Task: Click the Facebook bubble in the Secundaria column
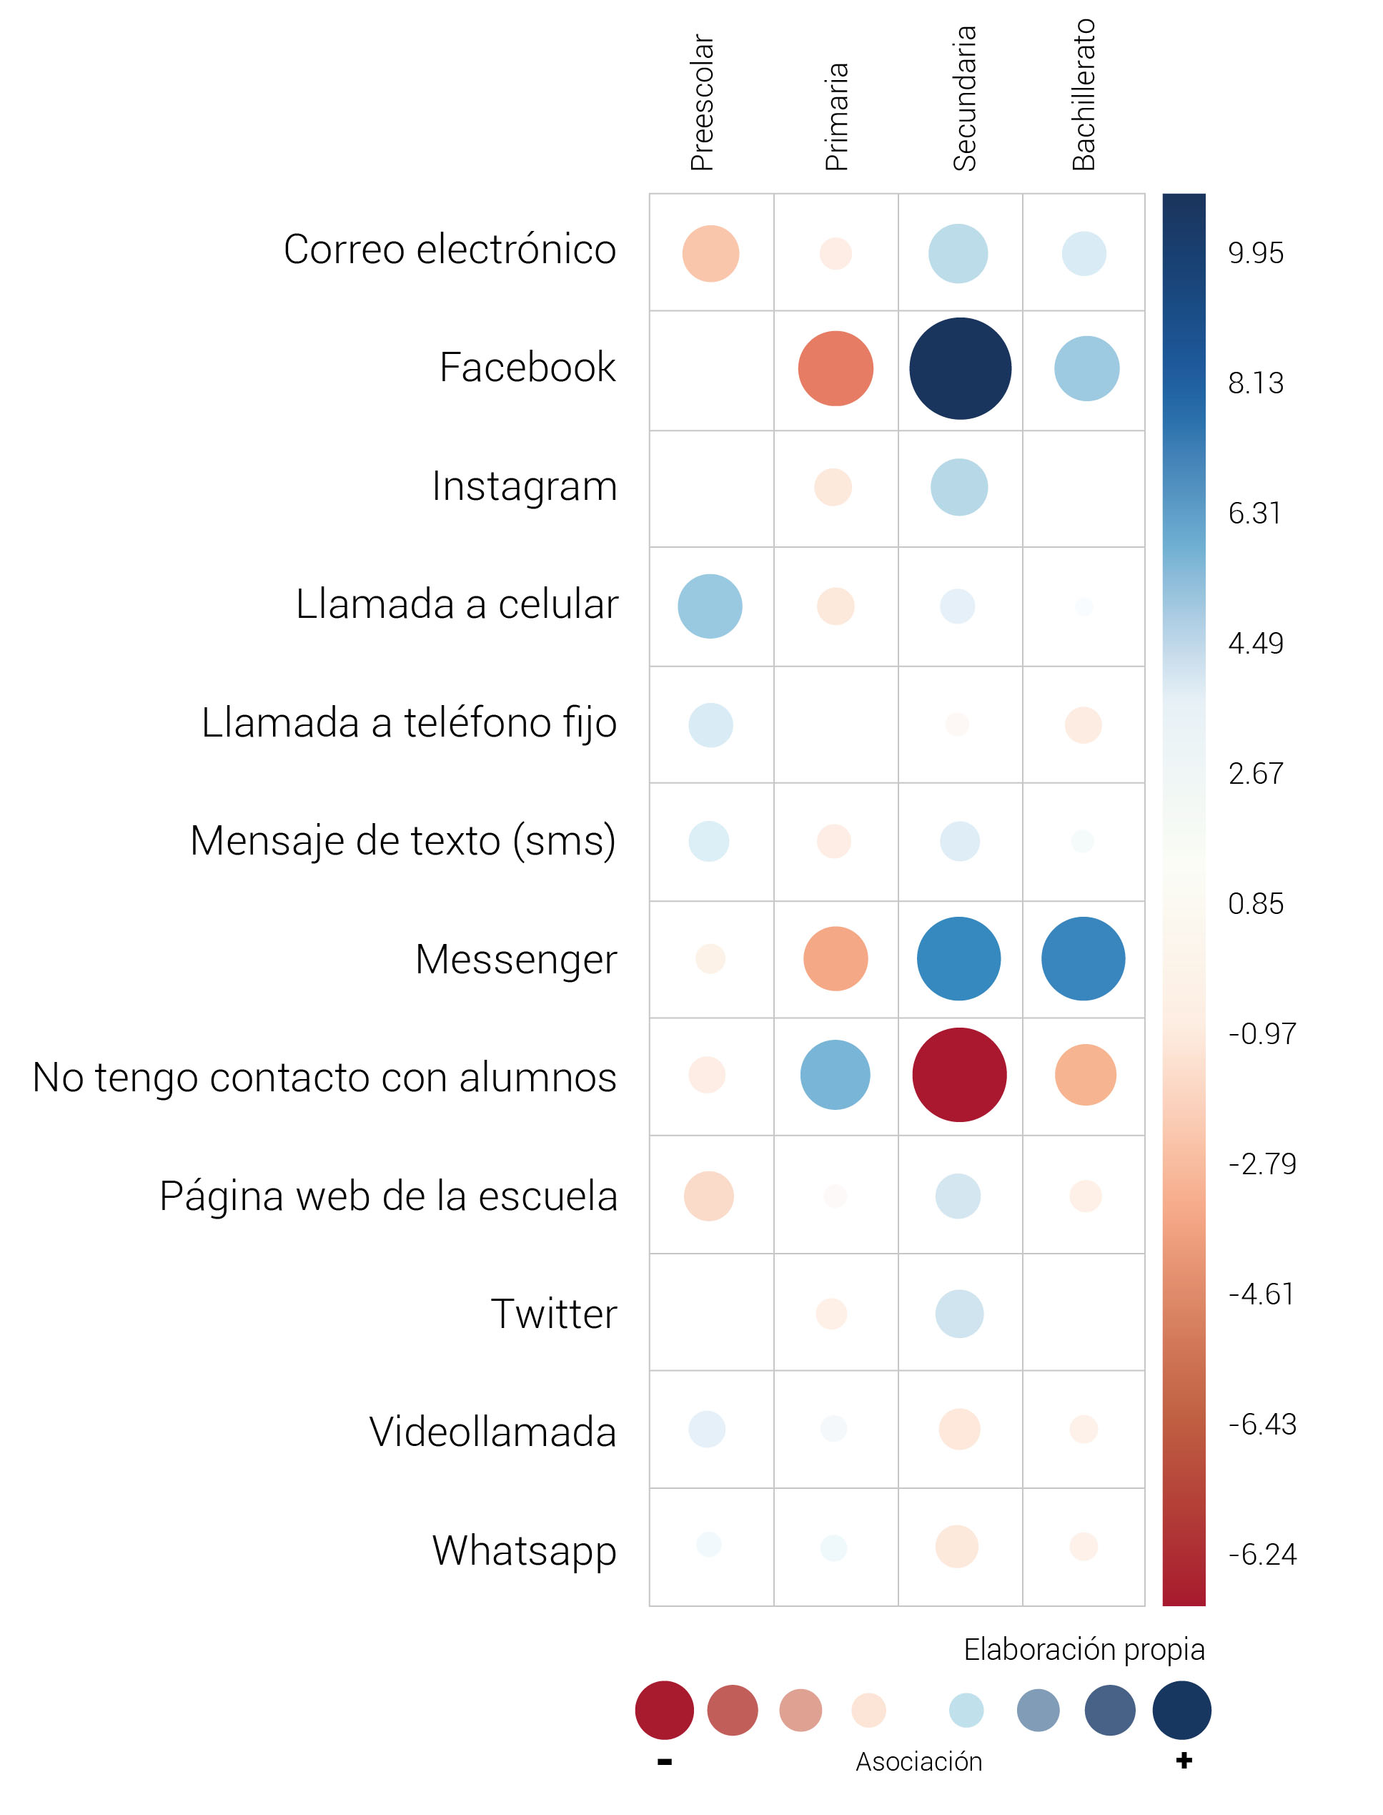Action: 960,368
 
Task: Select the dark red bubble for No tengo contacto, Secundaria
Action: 959,1075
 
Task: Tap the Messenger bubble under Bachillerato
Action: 1083,958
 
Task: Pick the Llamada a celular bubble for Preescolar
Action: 710,606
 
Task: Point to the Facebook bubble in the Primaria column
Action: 836,368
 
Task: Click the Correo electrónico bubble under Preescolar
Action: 710,254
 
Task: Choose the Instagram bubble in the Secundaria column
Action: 959,488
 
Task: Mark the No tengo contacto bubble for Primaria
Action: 835,1075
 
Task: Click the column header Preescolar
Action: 702,102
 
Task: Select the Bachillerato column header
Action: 1084,94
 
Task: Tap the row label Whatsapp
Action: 525,1550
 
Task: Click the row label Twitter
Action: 553,1314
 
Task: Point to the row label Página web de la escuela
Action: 387,1196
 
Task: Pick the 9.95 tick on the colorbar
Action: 1255,253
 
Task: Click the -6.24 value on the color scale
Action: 1262,1554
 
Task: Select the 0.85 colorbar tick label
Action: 1255,903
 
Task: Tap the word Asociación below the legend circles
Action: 918,1761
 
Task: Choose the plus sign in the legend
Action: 1184,1761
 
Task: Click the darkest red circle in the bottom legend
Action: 664,1710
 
